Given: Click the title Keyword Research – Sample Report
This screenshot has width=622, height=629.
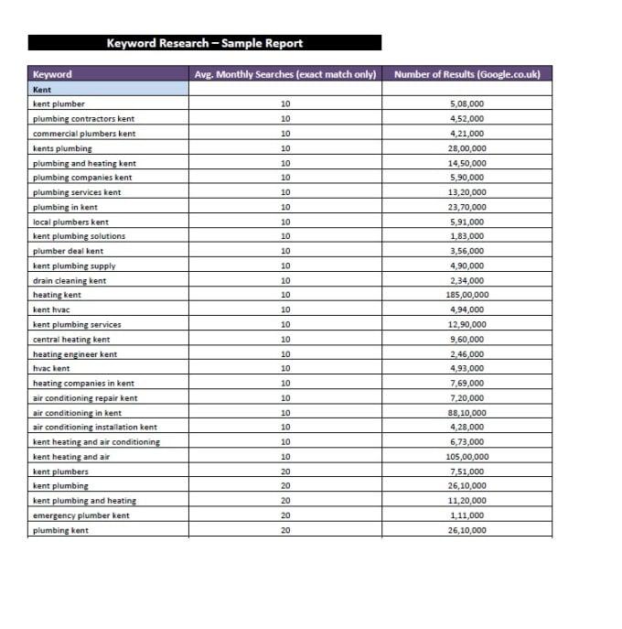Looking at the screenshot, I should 204,43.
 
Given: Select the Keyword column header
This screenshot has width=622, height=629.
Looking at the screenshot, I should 52,74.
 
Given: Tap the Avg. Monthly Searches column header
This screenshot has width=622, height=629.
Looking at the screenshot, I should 284,74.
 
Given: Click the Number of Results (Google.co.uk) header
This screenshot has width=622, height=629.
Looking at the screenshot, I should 466,74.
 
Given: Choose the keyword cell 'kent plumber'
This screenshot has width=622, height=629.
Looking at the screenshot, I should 59,104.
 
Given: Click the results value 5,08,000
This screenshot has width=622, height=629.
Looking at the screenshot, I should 467,104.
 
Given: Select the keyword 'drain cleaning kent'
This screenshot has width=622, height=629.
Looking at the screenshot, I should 70,280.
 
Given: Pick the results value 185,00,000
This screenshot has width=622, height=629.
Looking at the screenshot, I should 467,295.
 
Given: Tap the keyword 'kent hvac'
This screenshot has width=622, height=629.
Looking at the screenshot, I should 51,309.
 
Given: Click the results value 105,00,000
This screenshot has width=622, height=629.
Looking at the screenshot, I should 467,456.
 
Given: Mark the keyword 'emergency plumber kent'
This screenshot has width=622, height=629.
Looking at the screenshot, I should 80,515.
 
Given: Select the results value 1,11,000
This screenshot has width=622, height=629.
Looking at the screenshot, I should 467,515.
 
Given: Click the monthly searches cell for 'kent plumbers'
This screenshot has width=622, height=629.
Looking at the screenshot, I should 284,472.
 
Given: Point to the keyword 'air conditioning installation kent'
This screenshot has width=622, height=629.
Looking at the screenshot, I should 94,427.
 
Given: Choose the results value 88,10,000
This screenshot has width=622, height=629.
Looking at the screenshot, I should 467,412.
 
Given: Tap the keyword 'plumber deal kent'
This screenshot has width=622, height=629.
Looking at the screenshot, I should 68,251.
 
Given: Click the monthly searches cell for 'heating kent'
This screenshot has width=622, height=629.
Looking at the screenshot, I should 284,295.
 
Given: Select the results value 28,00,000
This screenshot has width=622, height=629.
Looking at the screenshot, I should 467,148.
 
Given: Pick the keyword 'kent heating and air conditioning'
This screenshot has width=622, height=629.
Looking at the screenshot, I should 96,441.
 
